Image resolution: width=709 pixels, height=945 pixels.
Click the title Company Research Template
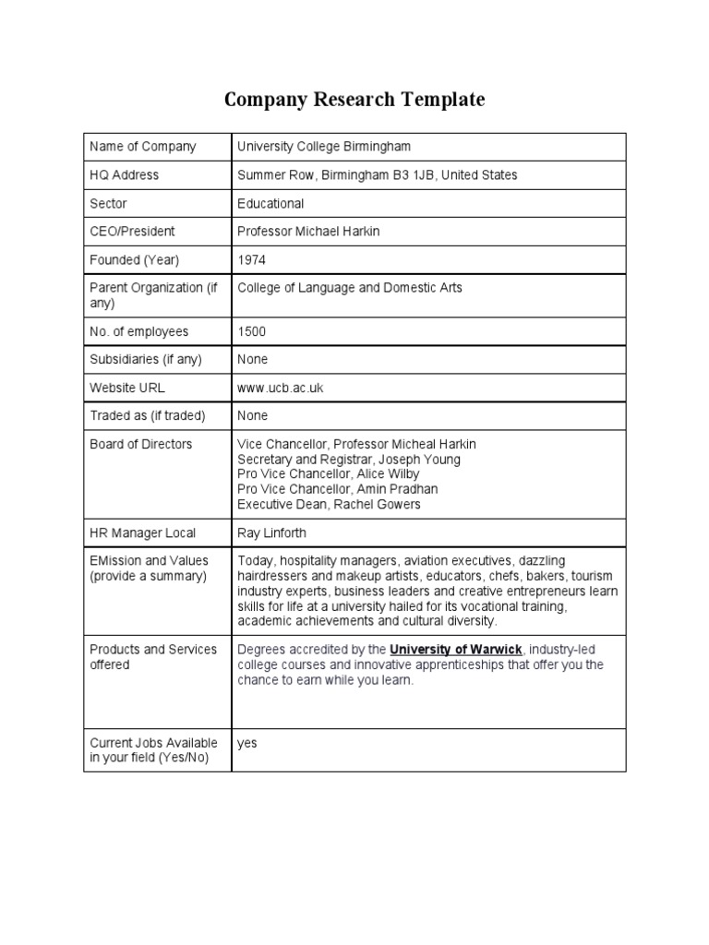pos(354,100)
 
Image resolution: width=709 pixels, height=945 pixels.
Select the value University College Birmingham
pos(324,147)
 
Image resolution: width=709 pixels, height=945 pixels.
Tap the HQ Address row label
pos(124,174)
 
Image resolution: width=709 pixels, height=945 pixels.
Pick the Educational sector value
pos(270,203)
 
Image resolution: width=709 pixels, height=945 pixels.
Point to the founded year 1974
pos(251,259)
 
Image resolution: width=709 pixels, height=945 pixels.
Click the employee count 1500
pos(251,331)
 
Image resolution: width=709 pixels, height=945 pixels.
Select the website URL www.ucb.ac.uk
pos(281,388)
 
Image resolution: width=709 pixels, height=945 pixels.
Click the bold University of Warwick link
pos(456,649)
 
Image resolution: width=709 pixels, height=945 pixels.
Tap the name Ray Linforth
pos(271,532)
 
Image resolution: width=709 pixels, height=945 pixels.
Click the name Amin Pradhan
pos(395,488)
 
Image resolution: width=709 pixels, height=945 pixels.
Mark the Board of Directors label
pos(140,444)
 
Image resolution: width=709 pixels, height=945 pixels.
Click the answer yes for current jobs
pos(246,743)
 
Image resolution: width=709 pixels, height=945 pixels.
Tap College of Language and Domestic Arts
pos(350,288)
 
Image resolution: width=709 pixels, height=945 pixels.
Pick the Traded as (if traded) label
pos(148,415)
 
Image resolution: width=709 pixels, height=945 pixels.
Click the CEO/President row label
pos(132,231)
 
